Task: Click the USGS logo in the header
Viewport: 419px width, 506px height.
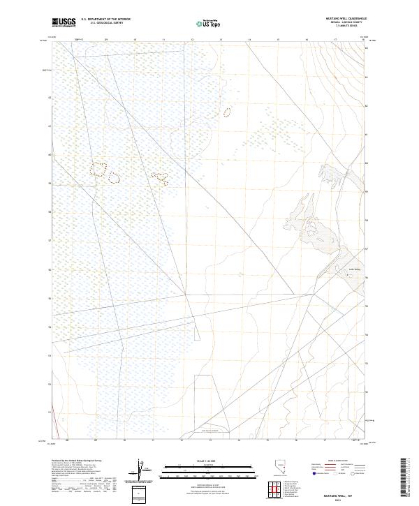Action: tap(64, 22)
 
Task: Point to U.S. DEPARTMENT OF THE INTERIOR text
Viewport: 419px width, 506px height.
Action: tap(105, 20)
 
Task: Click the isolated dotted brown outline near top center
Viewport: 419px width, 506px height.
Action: tap(226, 111)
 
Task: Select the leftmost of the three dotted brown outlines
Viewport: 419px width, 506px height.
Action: tap(98, 168)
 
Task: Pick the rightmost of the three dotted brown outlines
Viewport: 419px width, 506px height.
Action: tap(161, 178)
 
